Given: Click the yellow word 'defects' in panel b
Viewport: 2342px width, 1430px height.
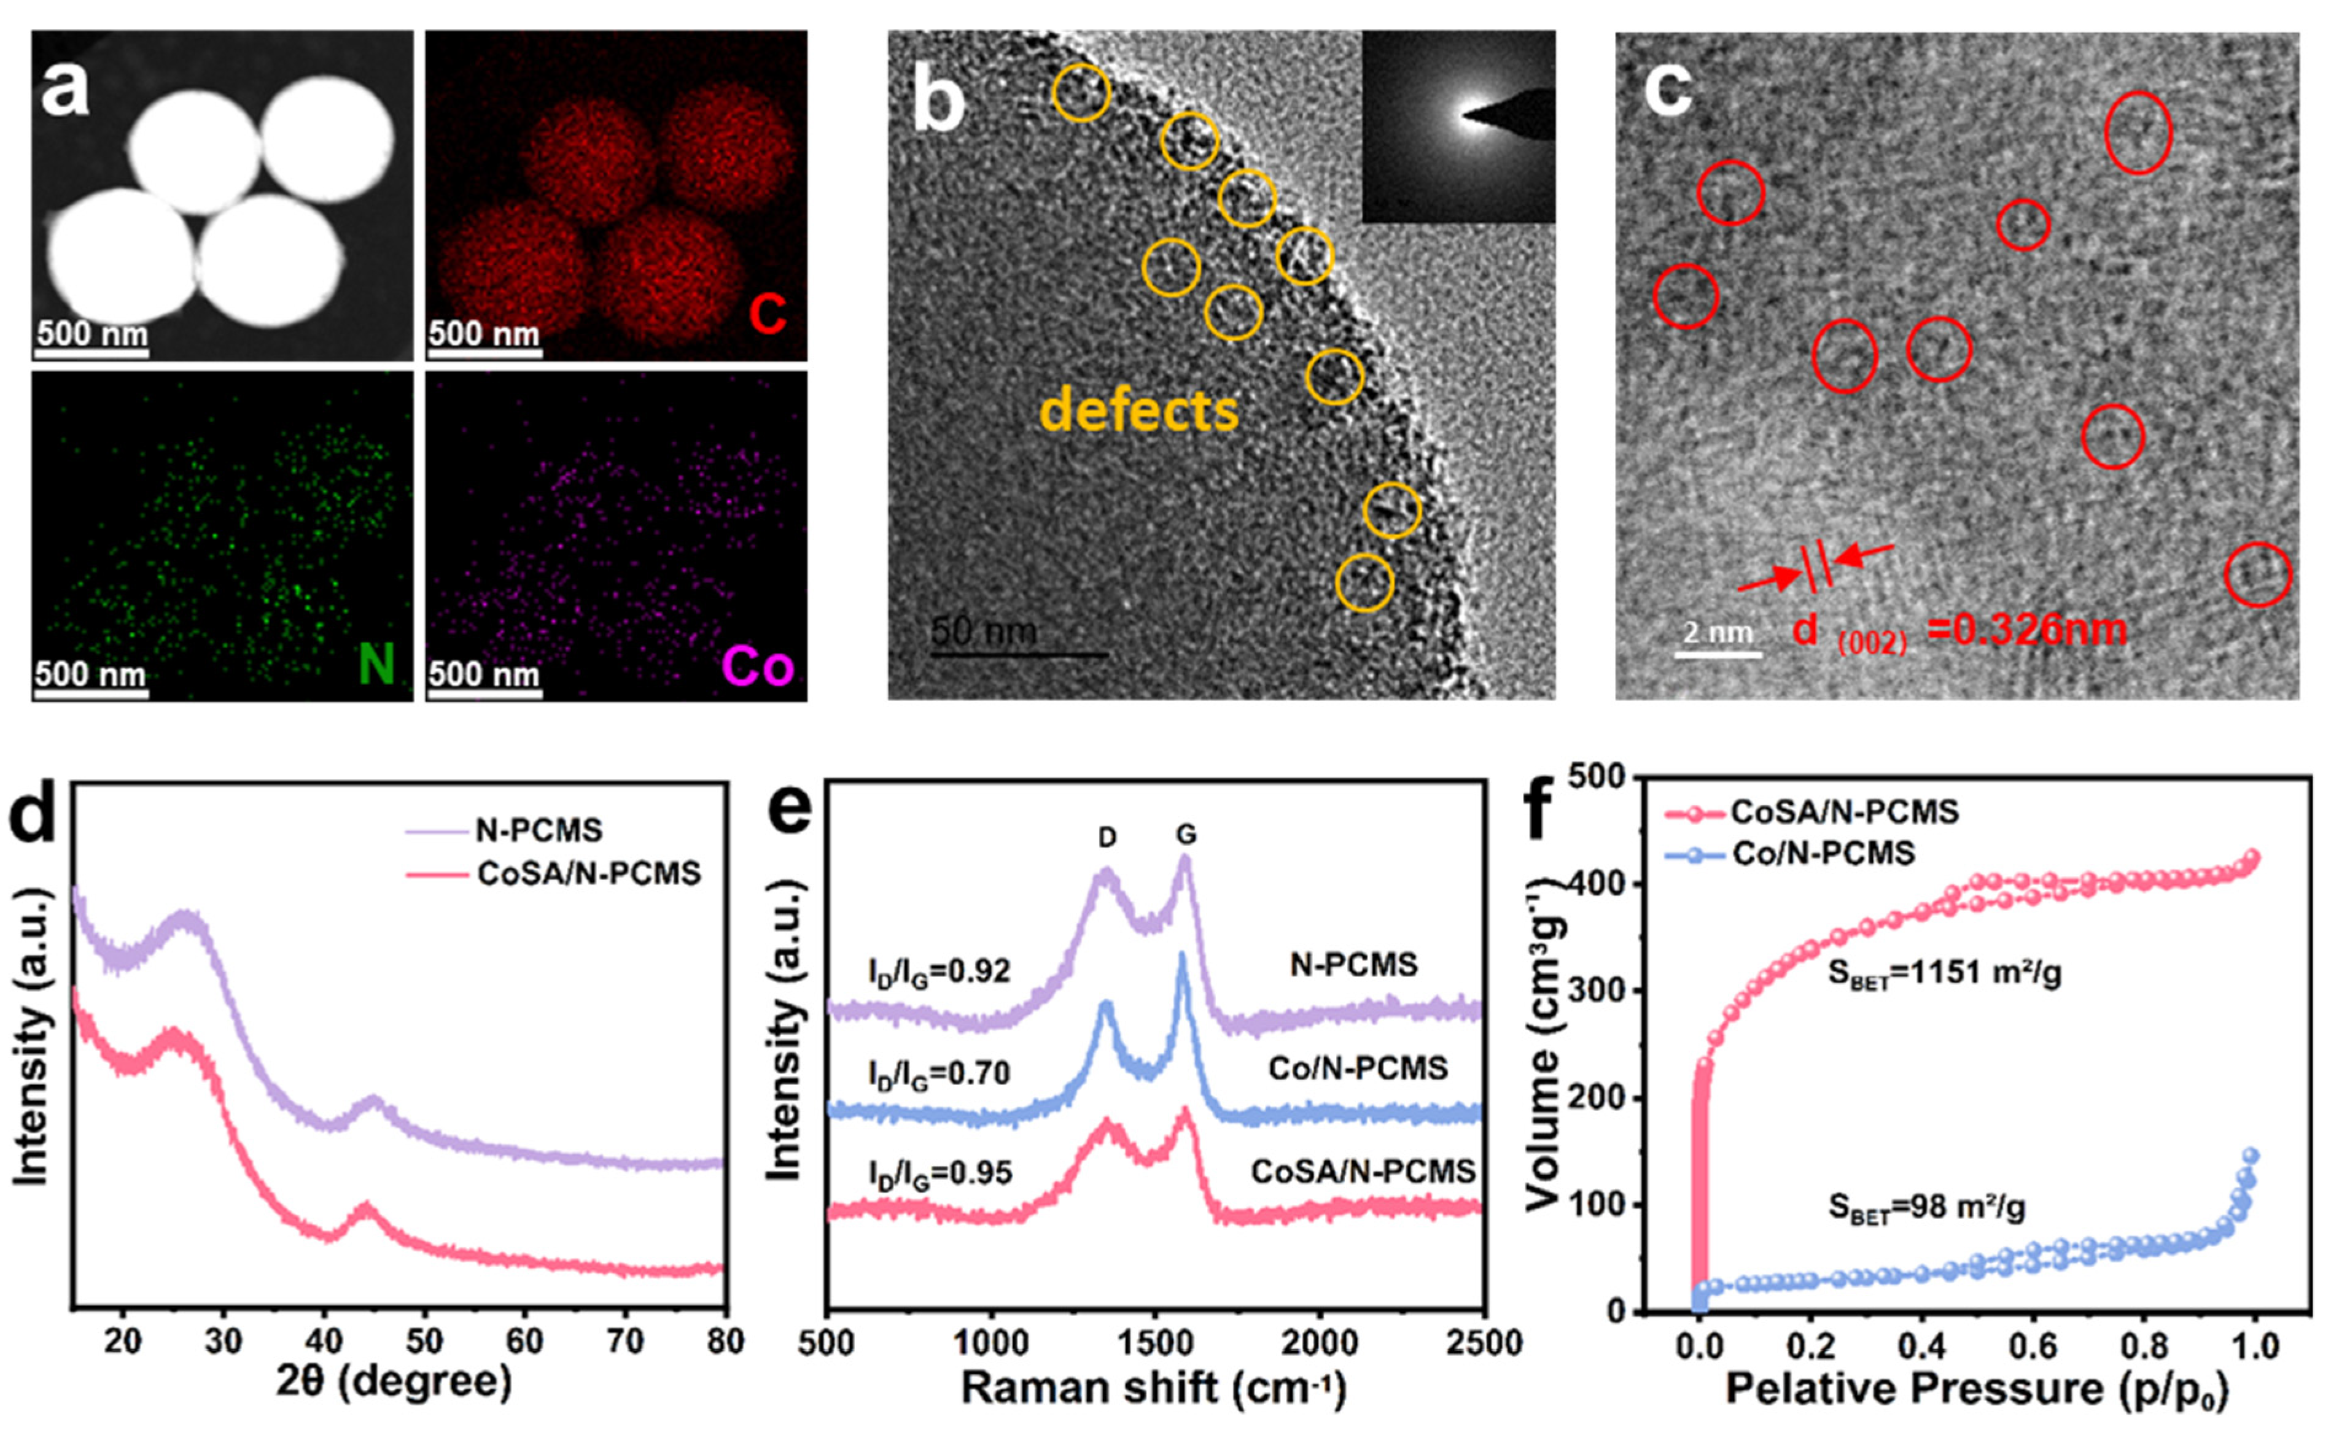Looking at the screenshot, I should point(1138,411).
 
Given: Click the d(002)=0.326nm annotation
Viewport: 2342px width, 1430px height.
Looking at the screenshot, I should point(1958,631).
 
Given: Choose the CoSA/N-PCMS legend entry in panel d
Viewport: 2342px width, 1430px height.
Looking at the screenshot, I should point(588,872).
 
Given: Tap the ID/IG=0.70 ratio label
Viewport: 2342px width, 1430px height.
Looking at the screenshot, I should point(939,1073).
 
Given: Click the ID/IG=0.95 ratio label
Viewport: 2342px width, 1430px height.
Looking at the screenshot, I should point(939,1173).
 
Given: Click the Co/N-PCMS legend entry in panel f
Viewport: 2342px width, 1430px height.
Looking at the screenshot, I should point(1822,853).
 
